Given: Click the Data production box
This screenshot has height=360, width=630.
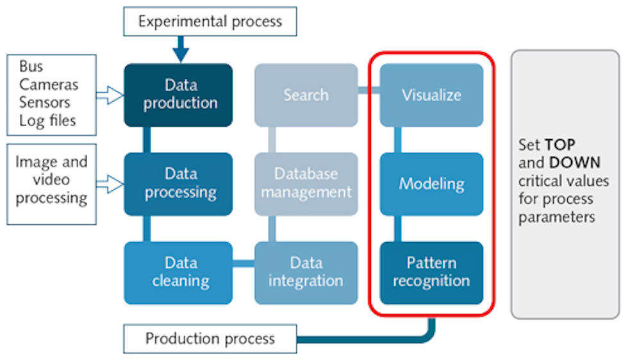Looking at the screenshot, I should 178,94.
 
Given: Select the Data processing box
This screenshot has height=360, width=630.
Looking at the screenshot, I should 178,183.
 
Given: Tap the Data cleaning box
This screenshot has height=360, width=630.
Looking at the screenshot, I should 178,272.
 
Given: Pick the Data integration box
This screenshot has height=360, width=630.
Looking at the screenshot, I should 306,272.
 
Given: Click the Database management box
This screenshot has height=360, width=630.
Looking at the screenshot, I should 306,183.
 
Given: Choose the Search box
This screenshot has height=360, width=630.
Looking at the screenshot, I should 306,95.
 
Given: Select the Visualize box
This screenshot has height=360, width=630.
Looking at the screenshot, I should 431,95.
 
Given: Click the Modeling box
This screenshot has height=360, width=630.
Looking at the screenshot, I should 431,184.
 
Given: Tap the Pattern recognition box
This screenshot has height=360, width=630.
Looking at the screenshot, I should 431,272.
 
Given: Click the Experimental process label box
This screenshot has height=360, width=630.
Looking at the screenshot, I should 210,21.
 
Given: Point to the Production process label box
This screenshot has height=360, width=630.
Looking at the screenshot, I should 210,338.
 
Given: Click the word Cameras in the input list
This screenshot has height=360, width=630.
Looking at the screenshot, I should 49,85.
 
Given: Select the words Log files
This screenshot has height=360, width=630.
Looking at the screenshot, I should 47,120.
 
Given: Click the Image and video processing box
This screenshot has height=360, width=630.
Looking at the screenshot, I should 51,180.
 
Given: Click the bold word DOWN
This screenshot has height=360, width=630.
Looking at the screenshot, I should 574,163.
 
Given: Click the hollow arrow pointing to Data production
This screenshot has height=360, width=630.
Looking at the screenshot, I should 110,96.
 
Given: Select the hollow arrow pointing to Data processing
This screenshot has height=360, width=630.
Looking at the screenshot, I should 110,185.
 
